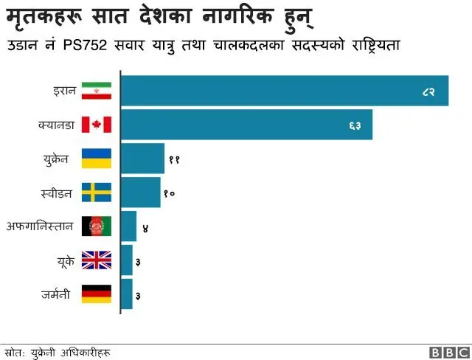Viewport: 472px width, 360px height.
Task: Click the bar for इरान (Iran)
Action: (284, 91)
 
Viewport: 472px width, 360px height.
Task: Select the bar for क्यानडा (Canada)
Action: (246, 125)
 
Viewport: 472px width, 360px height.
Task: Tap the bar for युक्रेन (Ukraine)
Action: (142, 159)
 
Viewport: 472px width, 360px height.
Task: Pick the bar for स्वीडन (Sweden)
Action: (140, 193)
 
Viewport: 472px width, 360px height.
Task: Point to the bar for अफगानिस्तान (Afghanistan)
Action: (128, 226)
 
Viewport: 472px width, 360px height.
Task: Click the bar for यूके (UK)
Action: (126, 260)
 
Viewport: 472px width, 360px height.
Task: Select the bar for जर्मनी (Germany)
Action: (126, 294)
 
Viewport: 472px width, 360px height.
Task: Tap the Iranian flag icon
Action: (96, 91)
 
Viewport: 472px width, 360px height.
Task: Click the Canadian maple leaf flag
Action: (96, 125)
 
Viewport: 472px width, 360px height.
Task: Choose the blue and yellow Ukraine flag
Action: (96, 159)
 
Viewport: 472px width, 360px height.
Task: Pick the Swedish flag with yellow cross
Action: (96, 193)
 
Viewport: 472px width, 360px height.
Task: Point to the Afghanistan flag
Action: (96, 226)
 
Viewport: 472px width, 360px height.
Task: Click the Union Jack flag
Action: (96, 260)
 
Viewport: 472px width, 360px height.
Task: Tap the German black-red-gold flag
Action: (96, 294)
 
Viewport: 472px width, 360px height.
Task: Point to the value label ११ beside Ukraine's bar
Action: (174, 159)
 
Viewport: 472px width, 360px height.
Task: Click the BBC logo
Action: (446, 352)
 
